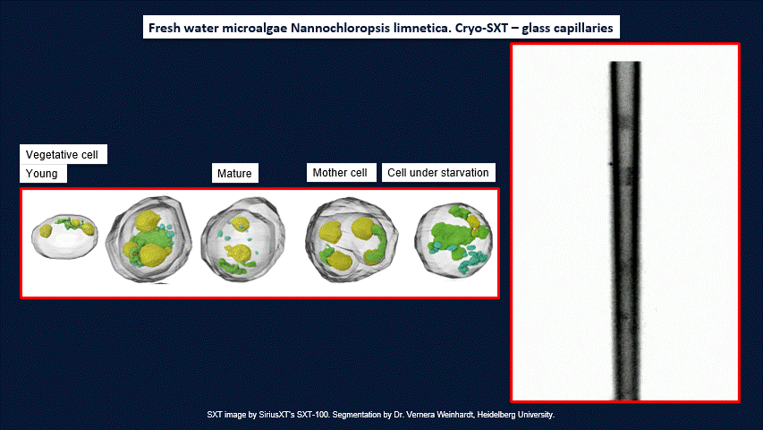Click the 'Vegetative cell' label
click(x=62, y=155)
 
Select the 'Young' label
click(x=41, y=174)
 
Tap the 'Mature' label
click(x=234, y=174)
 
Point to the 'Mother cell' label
click(x=340, y=173)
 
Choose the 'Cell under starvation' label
click(x=438, y=173)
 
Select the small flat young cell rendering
click(x=64, y=236)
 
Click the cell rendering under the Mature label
click(x=242, y=239)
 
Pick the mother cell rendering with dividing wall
click(x=352, y=239)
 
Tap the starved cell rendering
click(x=454, y=240)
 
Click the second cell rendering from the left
click(x=148, y=239)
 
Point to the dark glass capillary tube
click(x=625, y=230)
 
